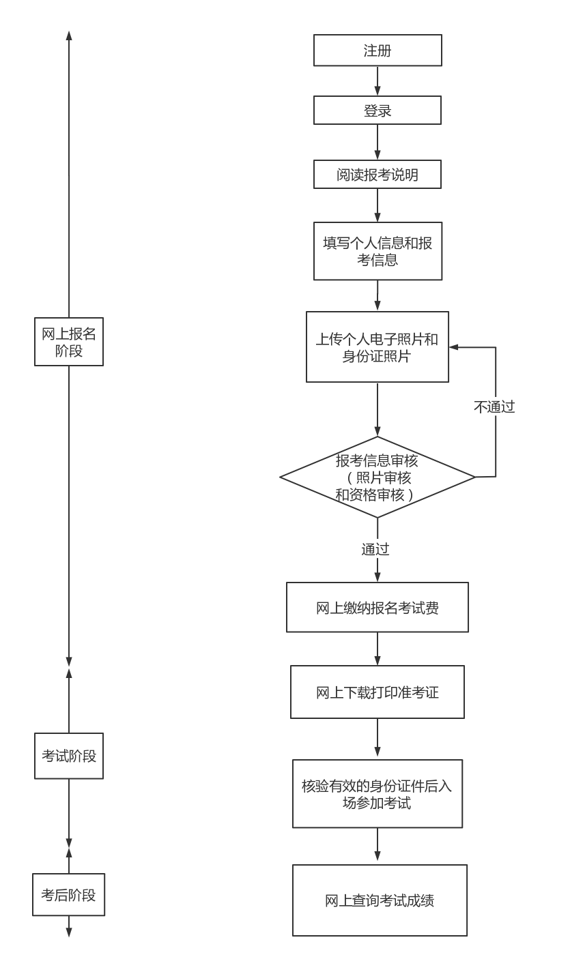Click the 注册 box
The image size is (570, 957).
(377, 50)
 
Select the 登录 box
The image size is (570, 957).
(377, 110)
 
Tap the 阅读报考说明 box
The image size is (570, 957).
(377, 175)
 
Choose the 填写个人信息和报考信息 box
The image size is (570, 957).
(377, 251)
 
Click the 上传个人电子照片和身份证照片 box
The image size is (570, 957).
(377, 347)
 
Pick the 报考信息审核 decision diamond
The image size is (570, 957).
(377, 477)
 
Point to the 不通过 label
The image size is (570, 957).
(494, 407)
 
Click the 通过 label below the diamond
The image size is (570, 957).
(375, 549)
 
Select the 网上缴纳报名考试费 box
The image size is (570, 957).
(377, 607)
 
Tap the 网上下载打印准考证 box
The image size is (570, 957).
(377, 692)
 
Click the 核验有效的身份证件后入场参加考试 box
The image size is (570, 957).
(377, 793)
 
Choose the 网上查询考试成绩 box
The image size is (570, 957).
(380, 900)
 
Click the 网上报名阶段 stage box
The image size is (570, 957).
(69, 341)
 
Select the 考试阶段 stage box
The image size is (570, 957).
(69, 756)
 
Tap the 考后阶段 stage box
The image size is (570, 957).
(69, 894)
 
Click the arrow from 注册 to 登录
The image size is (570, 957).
(377, 81)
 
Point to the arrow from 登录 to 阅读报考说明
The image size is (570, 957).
(377, 142)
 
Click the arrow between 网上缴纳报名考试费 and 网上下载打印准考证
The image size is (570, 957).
(377, 649)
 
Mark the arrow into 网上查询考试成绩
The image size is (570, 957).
(377, 846)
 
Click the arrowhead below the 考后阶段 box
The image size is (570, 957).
(69, 932)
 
